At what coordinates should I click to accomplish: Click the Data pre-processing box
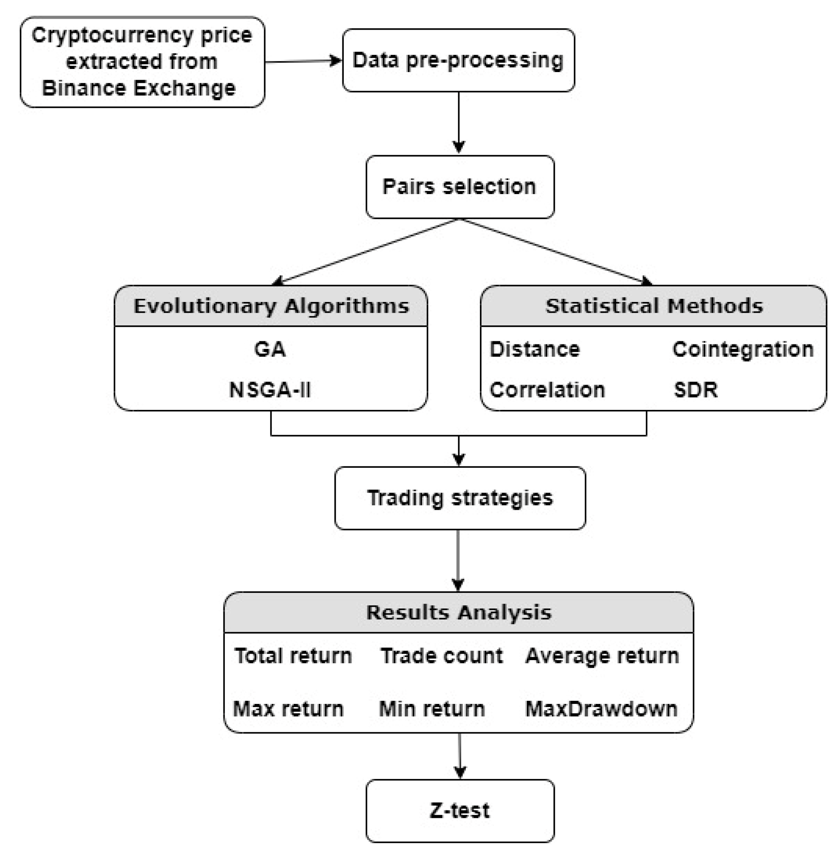coord(458,60)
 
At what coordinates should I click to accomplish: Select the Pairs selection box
coord(459,186)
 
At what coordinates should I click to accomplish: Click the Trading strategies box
coord(460,497)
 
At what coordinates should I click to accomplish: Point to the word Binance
coord(83,88)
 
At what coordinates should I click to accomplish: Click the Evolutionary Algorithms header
coord(271,306)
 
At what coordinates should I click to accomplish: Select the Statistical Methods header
coord(653,306)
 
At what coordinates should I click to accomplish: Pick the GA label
coord(270,349)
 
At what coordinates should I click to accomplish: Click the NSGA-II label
coord(270,390)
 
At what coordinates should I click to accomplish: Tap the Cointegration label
coord(742,349)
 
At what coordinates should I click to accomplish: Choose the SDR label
coord(695,390)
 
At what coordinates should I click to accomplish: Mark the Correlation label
coord(547,390)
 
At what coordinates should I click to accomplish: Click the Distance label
coord(534,349)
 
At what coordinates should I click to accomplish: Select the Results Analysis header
coord(458,612)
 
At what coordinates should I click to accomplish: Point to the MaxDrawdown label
coord(601,709)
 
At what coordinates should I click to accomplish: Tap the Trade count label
coord(441,656)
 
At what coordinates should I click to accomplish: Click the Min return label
coord(432,709)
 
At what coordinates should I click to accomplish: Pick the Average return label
coord(602,656)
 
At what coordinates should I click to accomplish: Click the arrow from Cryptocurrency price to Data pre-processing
coord(303,61)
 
